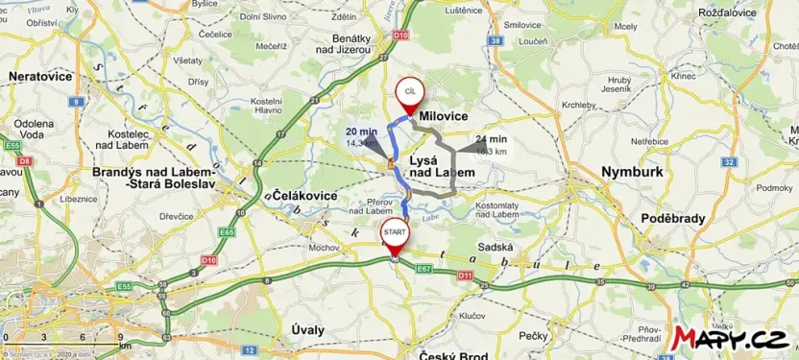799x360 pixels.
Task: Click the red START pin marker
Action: point(395,233)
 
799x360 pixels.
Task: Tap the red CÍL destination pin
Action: point(409,91)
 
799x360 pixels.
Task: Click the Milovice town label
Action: point(442,116)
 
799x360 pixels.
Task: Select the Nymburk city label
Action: point(631,172)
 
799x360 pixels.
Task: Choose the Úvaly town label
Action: point(309,328)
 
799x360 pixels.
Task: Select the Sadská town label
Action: point(496,247)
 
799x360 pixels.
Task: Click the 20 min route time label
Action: point(361,132)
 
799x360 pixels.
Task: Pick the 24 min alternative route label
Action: point(491,139)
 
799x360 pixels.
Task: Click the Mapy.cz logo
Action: point(735,338)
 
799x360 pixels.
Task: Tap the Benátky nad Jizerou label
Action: point(358,43)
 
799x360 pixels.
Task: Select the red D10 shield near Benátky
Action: point(399,35)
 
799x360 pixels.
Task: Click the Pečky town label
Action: point(532,335)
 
